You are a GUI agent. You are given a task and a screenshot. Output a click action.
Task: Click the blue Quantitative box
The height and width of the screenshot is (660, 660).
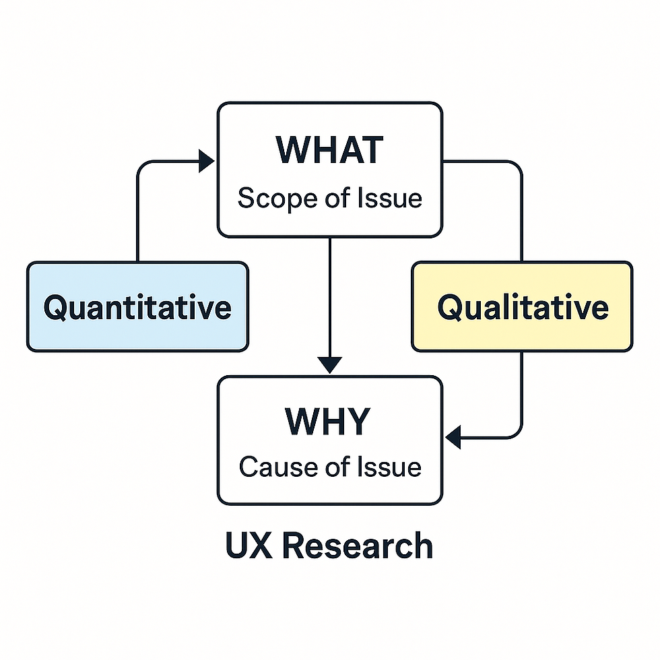[137, 307]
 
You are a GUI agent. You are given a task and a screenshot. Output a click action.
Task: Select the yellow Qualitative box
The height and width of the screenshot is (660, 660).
[523, 307]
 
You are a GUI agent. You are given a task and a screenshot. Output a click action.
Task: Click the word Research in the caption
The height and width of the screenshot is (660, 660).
[356, 546]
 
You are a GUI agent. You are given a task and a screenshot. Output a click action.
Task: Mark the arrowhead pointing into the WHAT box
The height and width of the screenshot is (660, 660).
[207, 161]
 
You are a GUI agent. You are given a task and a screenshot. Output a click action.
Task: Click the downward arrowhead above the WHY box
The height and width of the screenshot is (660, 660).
[329, 364]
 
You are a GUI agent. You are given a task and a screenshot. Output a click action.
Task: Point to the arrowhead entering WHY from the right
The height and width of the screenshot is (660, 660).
[453, 437]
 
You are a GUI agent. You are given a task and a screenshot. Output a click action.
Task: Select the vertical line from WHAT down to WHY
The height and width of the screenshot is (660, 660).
[329, 296]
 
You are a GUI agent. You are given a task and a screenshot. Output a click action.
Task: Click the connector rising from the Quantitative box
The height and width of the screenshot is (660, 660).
[137, 216]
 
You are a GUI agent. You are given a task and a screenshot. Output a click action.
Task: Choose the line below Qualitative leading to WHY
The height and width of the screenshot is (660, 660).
[522, 397]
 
